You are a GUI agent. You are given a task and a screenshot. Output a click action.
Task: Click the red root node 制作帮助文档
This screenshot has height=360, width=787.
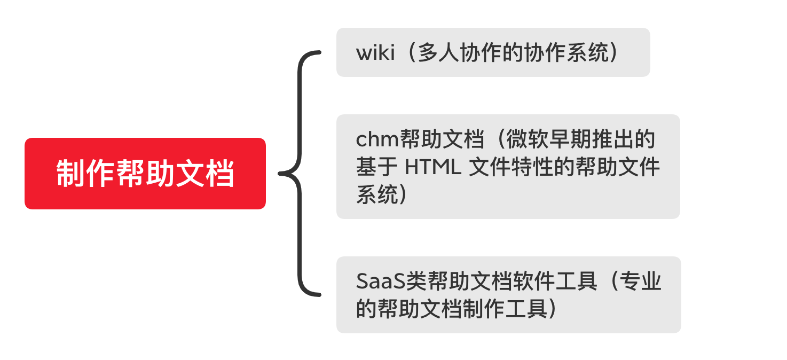coord(145,173)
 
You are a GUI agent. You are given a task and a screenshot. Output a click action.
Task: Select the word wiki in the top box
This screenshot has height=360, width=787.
coord(375,53)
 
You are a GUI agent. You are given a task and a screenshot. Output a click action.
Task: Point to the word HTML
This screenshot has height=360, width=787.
coord(433,167)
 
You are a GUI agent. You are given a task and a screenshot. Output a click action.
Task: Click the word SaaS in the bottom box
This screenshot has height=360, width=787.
coord(381,281)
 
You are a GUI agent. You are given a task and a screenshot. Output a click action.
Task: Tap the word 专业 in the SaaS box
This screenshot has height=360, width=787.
coord(640,281)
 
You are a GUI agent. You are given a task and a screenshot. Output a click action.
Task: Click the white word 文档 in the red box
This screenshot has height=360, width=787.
coord(204,173)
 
